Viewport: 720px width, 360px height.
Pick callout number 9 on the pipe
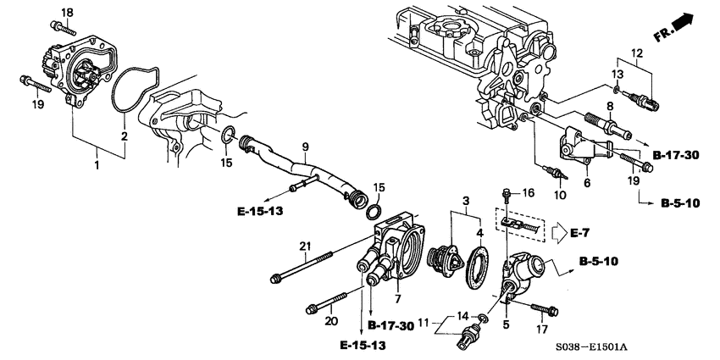tap(304, 145)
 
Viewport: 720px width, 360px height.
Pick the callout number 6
tap(587, 183)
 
